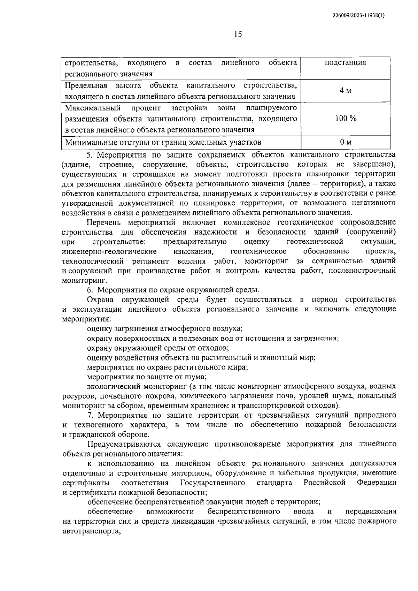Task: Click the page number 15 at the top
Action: pos(238,34)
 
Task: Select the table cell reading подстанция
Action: pos(345,63)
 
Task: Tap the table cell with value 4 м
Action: pos(345,91)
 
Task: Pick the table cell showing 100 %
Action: pos(346,119)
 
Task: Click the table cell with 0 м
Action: pos(346,142)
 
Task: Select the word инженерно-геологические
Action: pos(109,251)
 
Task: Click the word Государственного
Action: pos(212,483)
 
